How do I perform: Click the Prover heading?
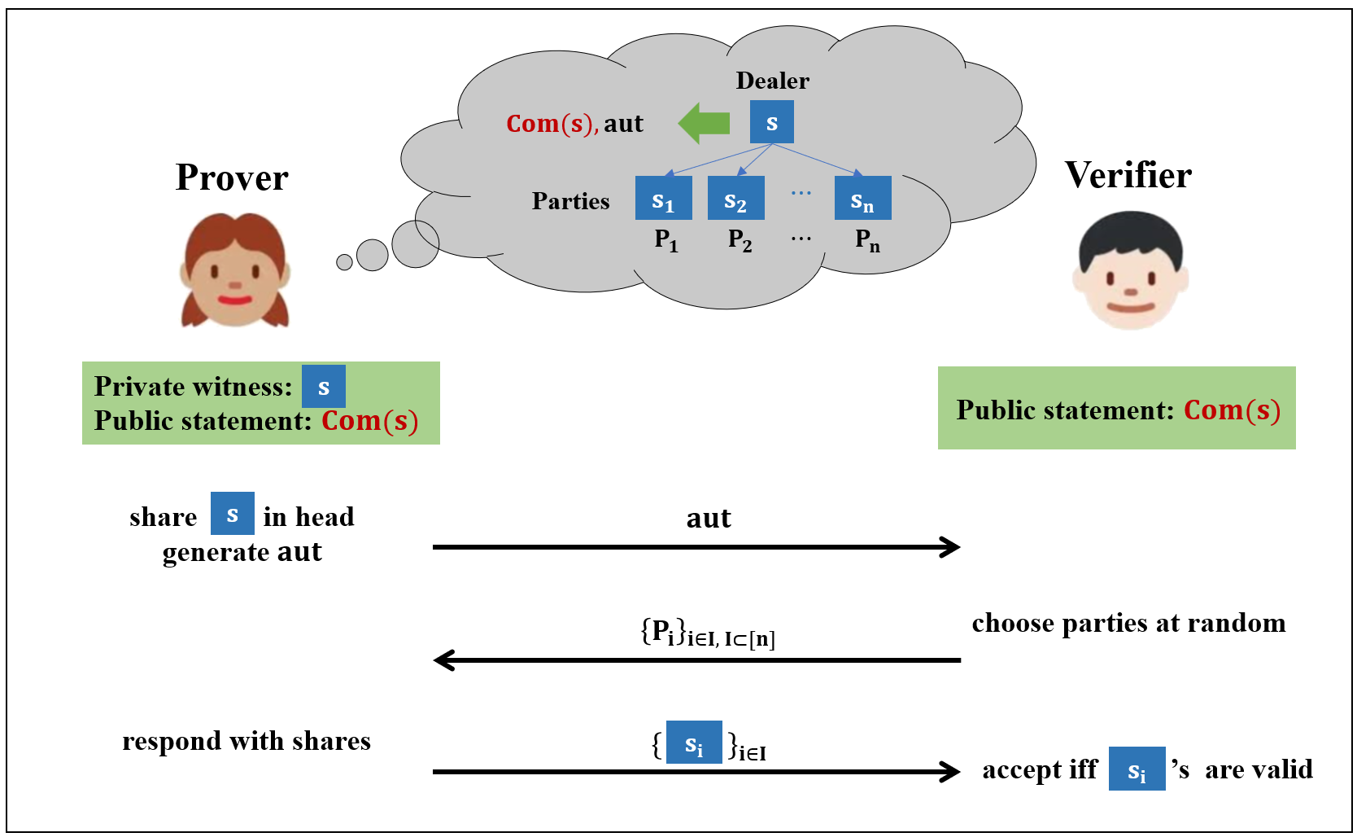point(232,177)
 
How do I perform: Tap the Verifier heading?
point(1128,175)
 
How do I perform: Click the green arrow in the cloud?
point(705,123)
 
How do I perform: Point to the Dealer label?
point(772,81)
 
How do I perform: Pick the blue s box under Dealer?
point(771,122)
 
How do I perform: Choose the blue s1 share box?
point(663,199)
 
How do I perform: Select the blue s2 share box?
point(735,199)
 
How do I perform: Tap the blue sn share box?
point(862,199)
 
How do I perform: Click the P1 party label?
point(665,240)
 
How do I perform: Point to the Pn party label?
point(867,240)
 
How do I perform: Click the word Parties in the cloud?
point(570,201)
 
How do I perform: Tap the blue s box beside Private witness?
point(323,387)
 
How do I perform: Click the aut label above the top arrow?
point(709,519)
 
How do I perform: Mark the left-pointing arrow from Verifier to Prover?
point(696,660)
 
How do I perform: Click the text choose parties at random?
point(1128,623)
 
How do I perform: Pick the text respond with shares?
point(246,741)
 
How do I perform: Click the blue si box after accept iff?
point(1137,769)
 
